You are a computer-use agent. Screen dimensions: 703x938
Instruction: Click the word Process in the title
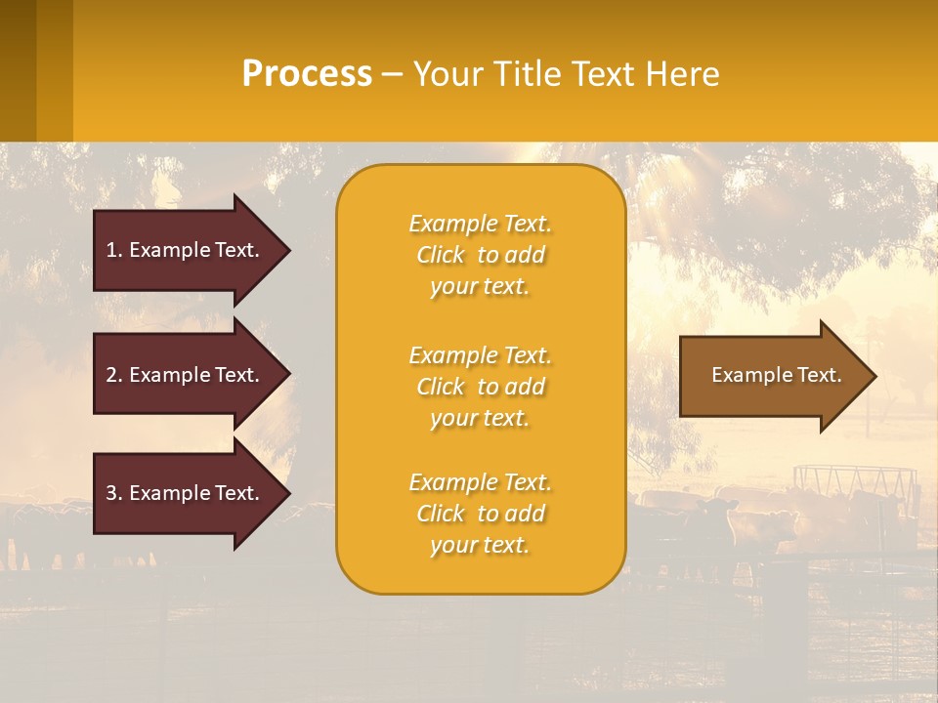307,73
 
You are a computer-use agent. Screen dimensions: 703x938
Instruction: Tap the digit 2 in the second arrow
111,375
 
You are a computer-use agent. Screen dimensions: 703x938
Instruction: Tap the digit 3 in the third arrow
111,493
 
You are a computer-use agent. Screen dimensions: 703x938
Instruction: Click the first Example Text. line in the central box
480,224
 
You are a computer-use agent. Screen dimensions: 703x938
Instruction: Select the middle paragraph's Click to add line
480,387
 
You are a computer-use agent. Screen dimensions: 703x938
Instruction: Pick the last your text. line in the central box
480,545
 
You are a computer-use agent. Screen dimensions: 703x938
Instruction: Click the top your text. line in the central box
480,286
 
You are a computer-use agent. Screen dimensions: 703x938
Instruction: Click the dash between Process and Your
392,74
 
